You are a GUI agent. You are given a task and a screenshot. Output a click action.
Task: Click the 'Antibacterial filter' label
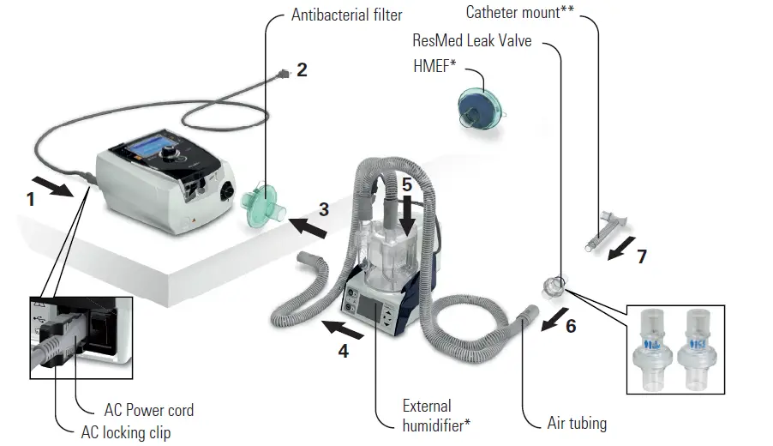pyautogui.click(x=346, y=15)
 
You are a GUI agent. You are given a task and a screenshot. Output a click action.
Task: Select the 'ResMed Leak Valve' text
pyautogui.click(x=471, y=40)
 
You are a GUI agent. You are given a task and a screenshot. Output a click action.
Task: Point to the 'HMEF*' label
pyautogui.click(x=434, y=66)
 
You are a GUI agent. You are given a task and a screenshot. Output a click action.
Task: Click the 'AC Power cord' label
pyautogui.click(x=149, y=410)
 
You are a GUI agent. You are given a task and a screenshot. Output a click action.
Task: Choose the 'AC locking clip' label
pyautogui.click(x=126, y=432)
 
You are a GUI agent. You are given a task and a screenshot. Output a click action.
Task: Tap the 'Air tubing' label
pyautogui.click(x=577, y=423)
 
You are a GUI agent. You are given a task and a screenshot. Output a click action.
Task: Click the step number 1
pyautogui.click(x=31, y=199)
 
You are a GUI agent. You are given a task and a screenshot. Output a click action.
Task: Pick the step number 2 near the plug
pyautogui.click(x=302, y=70)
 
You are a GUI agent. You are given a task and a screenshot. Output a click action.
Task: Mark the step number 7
pyautogui.click(x=642, y=256)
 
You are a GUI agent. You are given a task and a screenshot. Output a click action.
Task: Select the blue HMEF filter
pyautogui.click(x=481, y=109)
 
